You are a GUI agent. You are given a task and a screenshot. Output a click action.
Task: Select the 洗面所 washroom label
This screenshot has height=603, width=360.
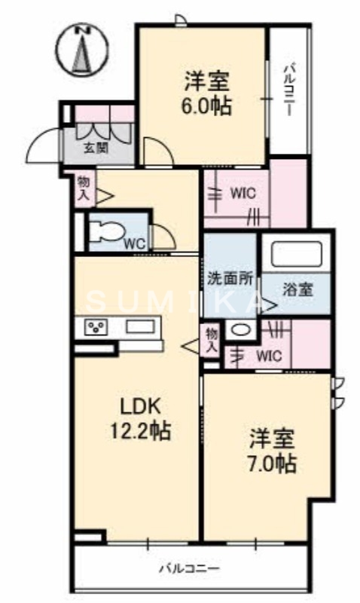click(230, 277)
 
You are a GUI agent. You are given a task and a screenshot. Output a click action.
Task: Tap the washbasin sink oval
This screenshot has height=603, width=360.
click(239, 329)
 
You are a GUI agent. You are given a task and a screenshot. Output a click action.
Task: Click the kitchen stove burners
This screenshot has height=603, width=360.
click(96, 327)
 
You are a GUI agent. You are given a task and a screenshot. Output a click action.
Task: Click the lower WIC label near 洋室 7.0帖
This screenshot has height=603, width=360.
click(269, 354)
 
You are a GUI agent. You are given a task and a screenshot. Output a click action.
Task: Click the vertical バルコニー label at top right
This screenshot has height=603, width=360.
click(289, 89)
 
